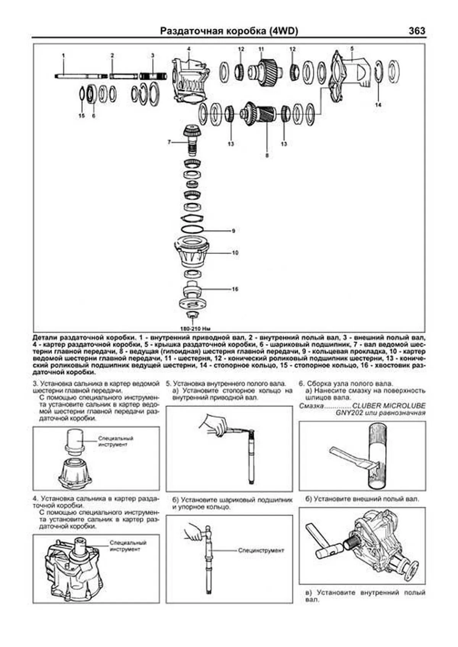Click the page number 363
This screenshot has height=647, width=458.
(417, 31)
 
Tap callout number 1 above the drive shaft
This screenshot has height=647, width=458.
(63, 56)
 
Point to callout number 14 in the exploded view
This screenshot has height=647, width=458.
(378, 104)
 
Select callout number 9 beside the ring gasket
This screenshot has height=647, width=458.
(233, 231)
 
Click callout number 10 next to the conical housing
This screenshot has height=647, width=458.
(235, 253)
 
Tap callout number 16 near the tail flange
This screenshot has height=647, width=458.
(235, 289)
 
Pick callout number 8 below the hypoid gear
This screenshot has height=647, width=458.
(267, 156)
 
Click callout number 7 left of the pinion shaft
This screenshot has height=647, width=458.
(169, 142)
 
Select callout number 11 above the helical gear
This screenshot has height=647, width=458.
(261, 49)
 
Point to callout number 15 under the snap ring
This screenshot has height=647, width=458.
(81, 116)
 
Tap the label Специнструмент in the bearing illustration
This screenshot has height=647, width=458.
(261, 551)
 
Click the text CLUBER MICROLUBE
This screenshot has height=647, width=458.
(389, 406)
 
